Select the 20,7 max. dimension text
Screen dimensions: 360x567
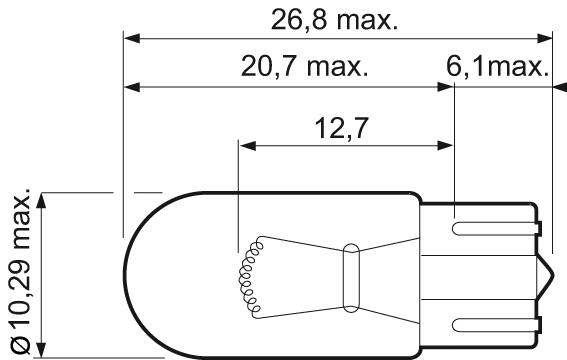point(305,67)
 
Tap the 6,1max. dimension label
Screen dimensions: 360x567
point(496,67)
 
